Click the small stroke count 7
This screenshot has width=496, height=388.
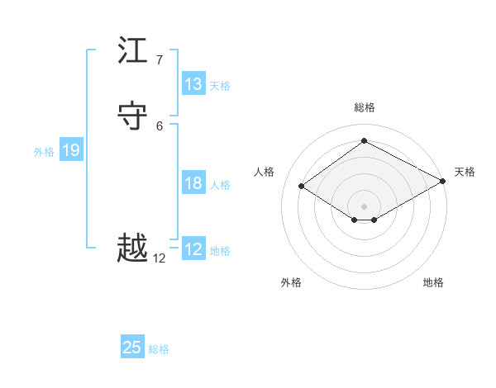pyautogui.click(x=159, y=60)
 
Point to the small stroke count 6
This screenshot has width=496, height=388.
pyautogui.click(x=159, y=125)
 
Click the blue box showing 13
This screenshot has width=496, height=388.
pyautogui.click(x=193, y=84)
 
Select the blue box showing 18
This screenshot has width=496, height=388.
pyautogui.click(x=193, y=183)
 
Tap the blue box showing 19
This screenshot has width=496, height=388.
pyautogui.click(x=71, y=150)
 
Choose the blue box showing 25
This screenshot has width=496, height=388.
pyautogui.click(x=132, y=348)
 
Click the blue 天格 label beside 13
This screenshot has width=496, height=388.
pyautogui.click(x=220, y=86)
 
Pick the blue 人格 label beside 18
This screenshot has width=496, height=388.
pyautogui.click(x=220, y=185)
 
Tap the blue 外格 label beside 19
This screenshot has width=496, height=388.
pyautogui.click(x=44, y=152)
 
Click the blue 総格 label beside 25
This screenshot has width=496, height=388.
pyautogui.click(x=159, y=349)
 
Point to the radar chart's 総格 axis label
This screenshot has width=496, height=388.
pyautogui.click(x=365, y=107)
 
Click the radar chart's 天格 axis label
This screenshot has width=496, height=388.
pyautogui.click(x=465, y=172)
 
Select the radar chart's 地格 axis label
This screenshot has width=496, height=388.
pyautogui.click(x=433, y=282)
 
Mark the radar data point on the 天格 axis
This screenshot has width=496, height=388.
pyautogui.click(x=444, y=181)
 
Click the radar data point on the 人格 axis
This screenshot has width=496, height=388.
pyautogui.click(x=302, y=187)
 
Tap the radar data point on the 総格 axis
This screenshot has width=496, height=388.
pyautogui.click(x=365, y=141)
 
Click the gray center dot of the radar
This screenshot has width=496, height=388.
pyautogui.click(x=365, y=206)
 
